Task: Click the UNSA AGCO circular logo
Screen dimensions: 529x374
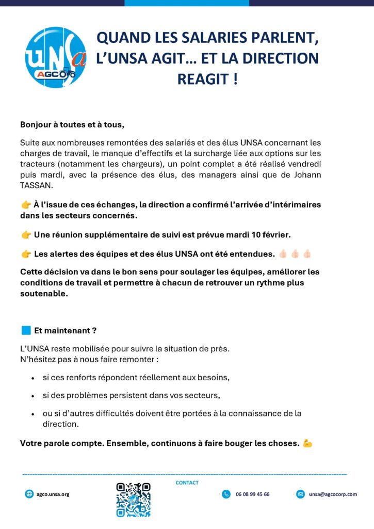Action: (x=56, y=57)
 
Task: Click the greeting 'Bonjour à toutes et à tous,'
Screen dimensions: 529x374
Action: (x=72, y=125)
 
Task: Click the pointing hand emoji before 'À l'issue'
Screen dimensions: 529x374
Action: (x=26, y=205)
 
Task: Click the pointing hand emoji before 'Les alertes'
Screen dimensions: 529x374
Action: (x=26, y=254)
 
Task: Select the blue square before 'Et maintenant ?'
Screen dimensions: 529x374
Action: (x=26, y=330)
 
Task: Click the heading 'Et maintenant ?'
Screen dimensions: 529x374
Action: (x=66, y=331)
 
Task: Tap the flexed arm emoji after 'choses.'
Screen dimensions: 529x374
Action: (x=308, y=443)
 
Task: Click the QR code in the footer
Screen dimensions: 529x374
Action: (x=133, y=500)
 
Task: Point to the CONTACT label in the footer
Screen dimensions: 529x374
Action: (x=187, y=483)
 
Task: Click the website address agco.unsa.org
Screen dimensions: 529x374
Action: (x=53, y=494)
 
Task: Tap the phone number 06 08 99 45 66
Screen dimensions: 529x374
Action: (x=252, y=494)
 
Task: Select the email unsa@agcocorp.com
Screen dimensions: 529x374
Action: (x=333, y=494)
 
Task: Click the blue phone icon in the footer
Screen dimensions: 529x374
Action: (x=226, y=494)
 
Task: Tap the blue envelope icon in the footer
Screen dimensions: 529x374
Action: (x=300, y=494)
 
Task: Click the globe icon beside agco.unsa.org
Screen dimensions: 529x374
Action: (x=29, y=494)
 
